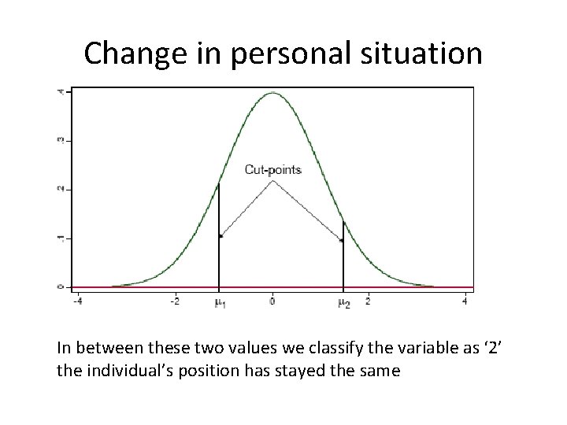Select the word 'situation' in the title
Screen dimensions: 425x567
pos(426,54)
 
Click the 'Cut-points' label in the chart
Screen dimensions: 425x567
pos(272,169)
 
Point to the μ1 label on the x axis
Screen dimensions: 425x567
pos(220,303)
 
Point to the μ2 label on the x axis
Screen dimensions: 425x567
pos(344,303)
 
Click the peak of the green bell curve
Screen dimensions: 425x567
pos(272,93)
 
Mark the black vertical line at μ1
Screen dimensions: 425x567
pos(219,236)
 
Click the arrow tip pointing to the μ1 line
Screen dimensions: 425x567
pos(222,235)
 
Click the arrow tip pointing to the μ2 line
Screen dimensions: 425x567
pos(340,240)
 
